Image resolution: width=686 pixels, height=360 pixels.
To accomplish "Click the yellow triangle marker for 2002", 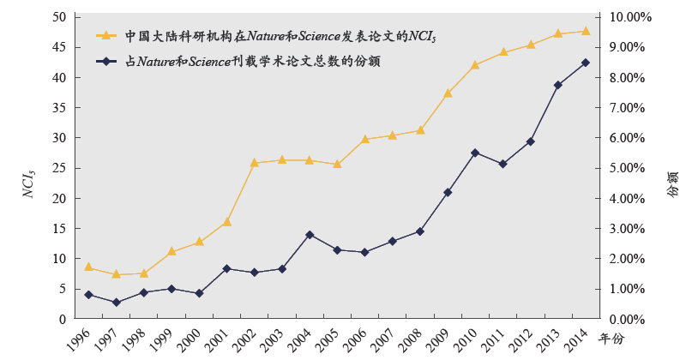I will (254, 162).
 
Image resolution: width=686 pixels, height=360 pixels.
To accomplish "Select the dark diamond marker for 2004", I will (310, 235).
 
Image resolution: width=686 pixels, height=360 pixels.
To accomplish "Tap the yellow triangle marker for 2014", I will (586, 31).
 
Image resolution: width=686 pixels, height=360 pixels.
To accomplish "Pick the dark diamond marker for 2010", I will (475, 153).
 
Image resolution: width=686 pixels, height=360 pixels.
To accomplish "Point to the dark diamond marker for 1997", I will (116, 303).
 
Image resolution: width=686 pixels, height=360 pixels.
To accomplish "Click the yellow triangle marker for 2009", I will (448, 93).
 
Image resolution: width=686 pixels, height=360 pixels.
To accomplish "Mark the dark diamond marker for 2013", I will (558, 85).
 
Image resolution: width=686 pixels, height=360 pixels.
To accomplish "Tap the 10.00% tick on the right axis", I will (629, 17).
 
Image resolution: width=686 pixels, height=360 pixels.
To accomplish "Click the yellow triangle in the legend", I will (105, 36).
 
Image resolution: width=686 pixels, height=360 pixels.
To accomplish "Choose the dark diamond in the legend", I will (105, 62).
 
